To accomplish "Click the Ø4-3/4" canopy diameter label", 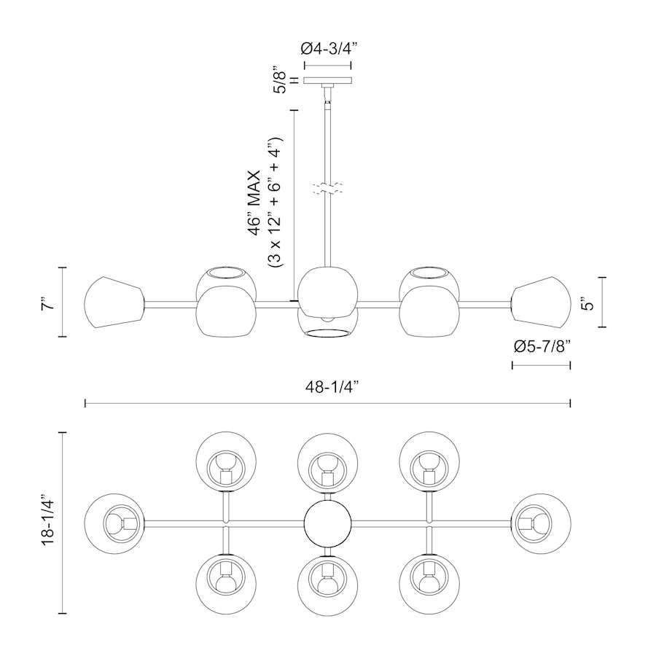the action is (328, 50).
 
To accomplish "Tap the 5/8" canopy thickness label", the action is (279, 79).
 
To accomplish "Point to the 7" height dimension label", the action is (49, 302).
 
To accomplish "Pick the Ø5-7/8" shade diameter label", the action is (542, 347).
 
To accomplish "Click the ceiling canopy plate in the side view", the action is (328, 80).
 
